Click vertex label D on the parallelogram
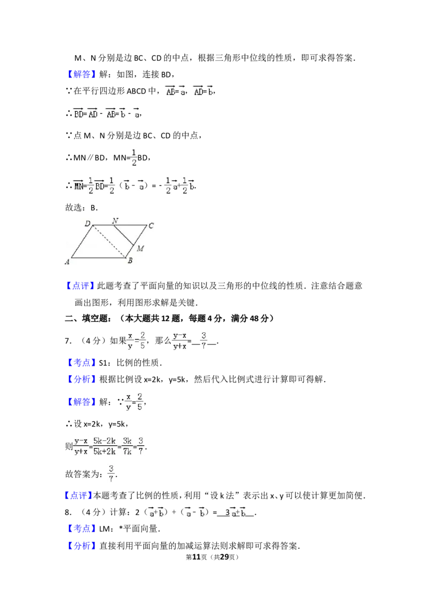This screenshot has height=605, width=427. pos(88,223)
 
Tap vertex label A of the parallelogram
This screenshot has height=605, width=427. pos(67,261)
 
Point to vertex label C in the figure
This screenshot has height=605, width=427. pos(151,226)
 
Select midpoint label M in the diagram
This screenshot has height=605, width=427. pos(140,249)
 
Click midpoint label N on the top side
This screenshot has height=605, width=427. pos(115,221)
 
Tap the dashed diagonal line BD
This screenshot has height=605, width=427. pos(109,241)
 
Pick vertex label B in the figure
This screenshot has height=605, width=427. pos(130,260)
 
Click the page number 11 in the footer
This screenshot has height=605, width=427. pos(196,557)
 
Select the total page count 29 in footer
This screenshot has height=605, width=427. pos(224,557)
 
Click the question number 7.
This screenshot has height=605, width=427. pos(67,340)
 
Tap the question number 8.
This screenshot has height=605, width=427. pos(67,513)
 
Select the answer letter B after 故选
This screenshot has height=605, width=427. pos(93,207)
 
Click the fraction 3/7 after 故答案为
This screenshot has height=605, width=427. pos(111,474)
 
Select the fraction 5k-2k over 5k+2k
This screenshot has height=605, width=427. pos(105,446)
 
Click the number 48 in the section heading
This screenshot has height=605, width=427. pos(255,319)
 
